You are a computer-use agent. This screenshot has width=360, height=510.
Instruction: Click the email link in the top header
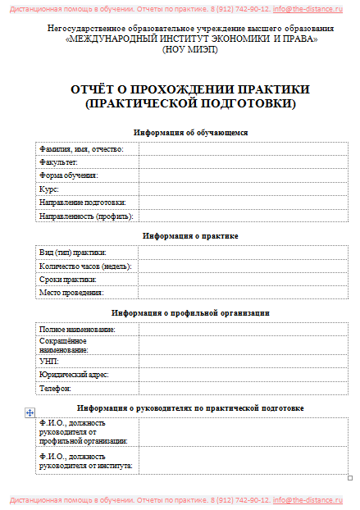click(x=308, y=8)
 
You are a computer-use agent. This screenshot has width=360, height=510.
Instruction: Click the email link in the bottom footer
click(x=308, y=499)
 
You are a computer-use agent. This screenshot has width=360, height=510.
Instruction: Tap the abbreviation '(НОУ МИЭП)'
click(x=189, y=49)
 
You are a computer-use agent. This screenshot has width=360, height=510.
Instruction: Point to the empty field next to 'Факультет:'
click(x=244, y=162)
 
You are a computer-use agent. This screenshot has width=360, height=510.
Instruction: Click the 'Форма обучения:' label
click(x=69, y=175)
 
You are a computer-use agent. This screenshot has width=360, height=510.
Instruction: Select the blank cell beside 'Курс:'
click(x=244, y=189)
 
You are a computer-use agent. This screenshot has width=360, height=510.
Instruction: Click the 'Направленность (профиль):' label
click(x=86, y=216)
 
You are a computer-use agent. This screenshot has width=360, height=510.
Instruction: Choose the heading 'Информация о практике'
click(x=190, y=236)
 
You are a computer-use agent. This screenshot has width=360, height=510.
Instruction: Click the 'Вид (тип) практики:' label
click(x=73, y=252)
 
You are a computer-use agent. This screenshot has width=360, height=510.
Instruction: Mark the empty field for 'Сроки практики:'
click(x=244, y=279)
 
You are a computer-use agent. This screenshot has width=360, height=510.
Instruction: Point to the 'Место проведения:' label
click(x=71, y=293)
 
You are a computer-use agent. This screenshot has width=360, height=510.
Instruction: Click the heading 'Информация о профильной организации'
click(x=190, y=313)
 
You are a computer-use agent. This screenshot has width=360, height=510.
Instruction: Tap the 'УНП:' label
click(x=49, y=361)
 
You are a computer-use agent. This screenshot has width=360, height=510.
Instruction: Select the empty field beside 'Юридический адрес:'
click(x=244, y=374)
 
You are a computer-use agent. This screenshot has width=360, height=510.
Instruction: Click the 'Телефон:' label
click(x=55, y=388)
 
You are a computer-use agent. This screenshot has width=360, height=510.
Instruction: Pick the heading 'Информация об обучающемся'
click(x=190, y=132)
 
